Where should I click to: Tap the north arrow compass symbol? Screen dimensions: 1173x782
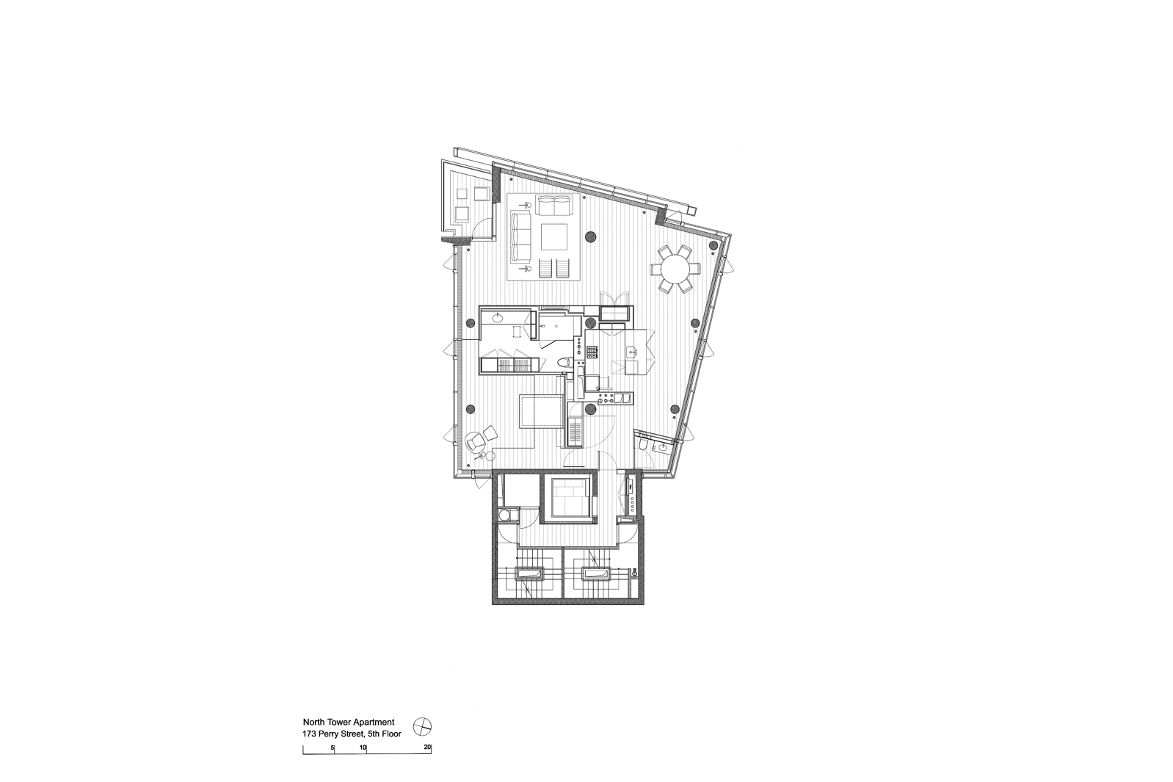click(x=421, y=726)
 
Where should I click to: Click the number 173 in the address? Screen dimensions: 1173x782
click(x=309, y=734)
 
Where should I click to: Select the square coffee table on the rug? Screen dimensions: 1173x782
click(x=554, y=237)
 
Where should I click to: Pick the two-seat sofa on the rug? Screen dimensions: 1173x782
click(x=554, y=206)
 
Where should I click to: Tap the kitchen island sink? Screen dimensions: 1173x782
click(x=632, y=350)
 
